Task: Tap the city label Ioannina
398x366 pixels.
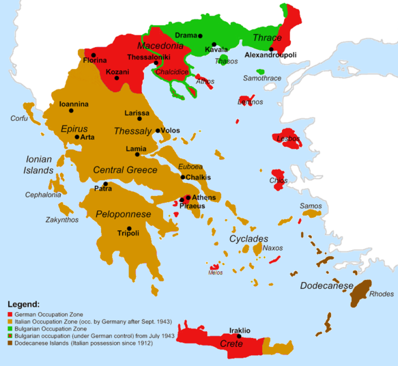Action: [x=74, y=104]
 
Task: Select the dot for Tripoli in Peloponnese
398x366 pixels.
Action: [x=128, y=228]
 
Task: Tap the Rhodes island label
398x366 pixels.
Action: [x=381, y=294]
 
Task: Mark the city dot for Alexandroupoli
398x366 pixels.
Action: [x=271, y=49]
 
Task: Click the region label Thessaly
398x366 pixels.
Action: [x=132, y=131]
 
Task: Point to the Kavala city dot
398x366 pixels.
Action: [x=214, y=44]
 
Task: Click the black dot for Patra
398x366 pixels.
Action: [x=105, y=184]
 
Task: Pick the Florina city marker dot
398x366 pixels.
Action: [x=93, y=55]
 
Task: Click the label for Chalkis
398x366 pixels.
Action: [x=198, y=178]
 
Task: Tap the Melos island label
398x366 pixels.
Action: [x=216, y=272]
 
